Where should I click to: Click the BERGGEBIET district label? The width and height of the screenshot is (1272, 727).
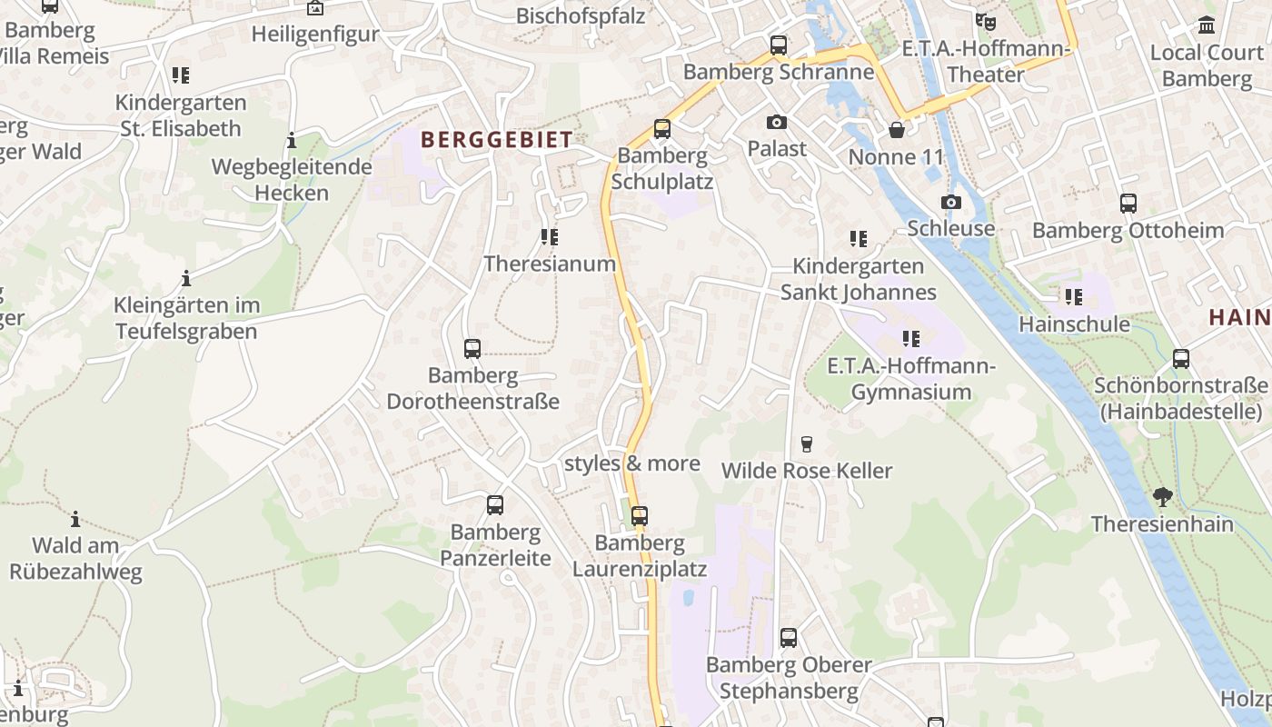497,140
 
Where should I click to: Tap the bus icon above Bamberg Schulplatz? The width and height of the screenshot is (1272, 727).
662,129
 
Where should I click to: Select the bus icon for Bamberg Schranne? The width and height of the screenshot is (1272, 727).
779,45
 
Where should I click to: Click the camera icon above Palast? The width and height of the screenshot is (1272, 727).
777,122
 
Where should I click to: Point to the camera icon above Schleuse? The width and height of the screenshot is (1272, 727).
951,202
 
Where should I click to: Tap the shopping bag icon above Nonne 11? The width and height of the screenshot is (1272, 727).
897,131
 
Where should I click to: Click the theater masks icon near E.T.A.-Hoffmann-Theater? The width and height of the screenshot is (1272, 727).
984,20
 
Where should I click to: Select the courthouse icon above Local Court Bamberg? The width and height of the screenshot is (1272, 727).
1207,25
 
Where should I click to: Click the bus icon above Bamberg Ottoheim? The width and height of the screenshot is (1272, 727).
1128,204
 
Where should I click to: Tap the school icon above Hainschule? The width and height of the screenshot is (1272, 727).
1074,297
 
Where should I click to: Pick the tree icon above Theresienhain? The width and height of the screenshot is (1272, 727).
1162,497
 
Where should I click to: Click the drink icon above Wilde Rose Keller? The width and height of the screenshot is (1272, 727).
806,444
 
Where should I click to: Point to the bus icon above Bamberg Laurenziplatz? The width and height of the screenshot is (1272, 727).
640,516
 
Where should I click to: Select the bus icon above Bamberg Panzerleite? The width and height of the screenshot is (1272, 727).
495,505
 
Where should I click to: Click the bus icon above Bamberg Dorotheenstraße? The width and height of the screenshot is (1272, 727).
472,348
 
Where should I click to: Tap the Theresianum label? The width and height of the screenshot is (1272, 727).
550,264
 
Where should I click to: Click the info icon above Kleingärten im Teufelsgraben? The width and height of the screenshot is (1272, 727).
186,278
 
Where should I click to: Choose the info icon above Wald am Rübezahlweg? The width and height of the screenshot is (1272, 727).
75,519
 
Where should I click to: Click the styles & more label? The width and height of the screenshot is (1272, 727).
632,463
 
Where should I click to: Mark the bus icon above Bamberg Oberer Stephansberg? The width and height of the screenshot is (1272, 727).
789,638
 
